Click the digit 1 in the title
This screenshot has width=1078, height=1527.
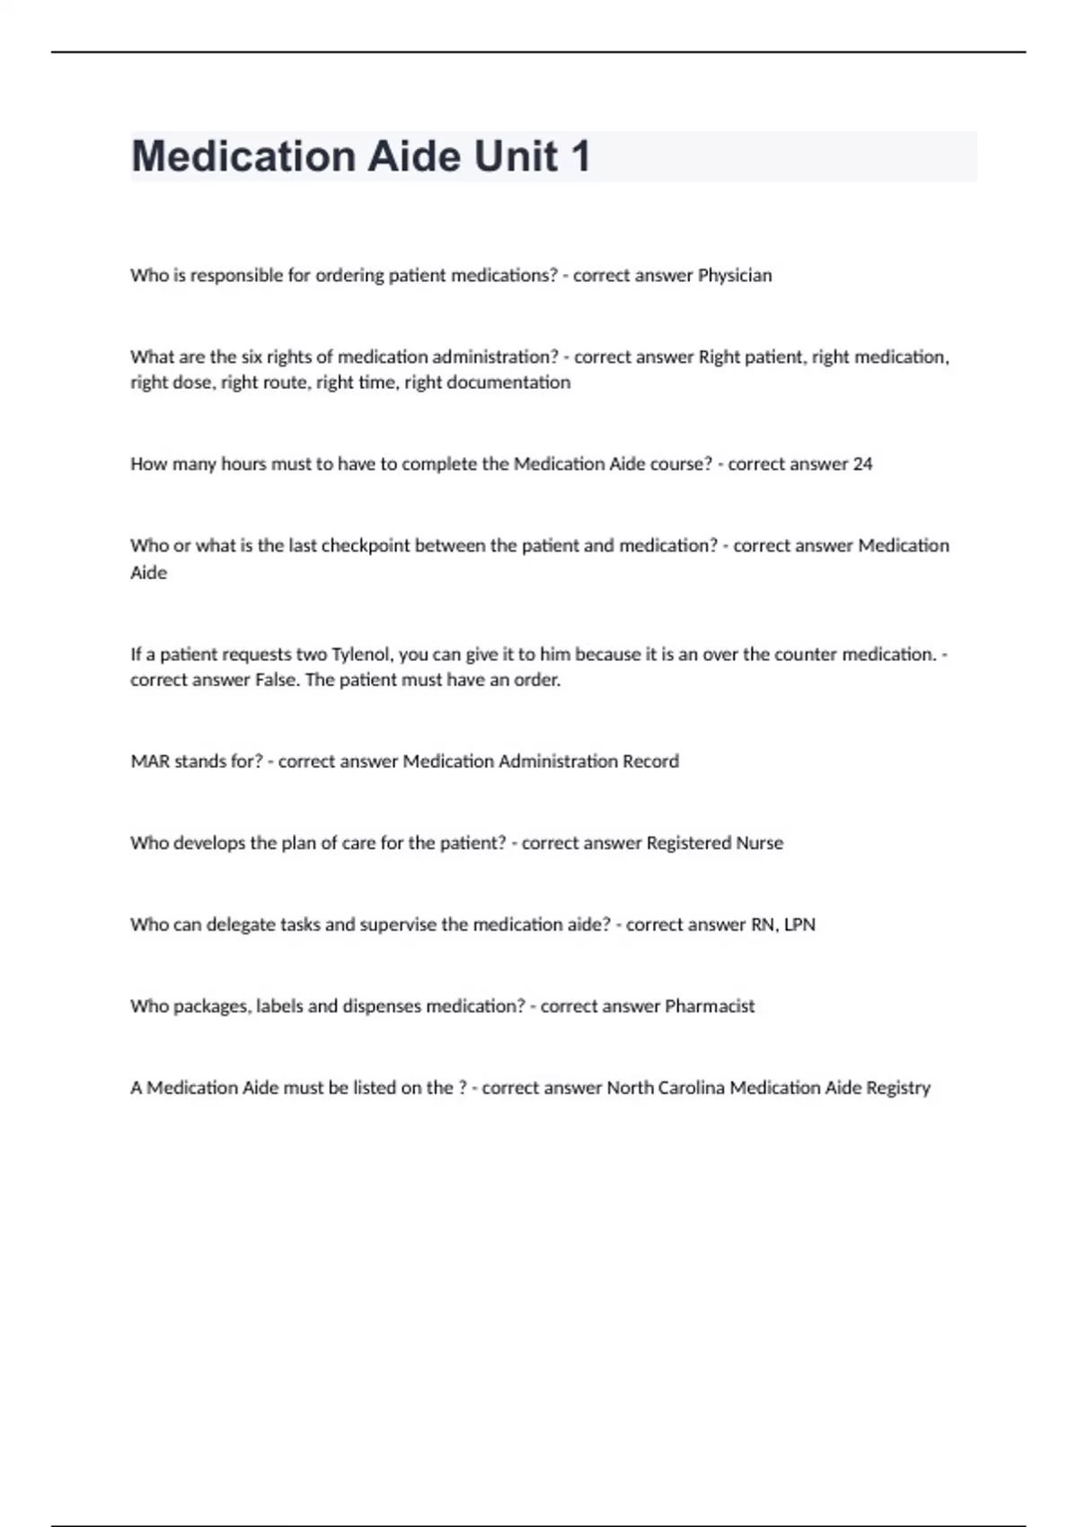point(580,156)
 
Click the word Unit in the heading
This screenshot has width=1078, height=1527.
point(515,156)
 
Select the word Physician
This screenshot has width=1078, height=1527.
point(735,275)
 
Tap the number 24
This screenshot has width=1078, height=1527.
point(862,463)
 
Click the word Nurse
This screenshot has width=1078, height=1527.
point(759,843)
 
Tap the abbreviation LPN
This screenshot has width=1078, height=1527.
point(800,924)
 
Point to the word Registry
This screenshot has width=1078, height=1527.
point(898,1088)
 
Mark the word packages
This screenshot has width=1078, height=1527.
point(211,1006)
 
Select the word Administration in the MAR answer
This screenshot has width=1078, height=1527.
point(558,762)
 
